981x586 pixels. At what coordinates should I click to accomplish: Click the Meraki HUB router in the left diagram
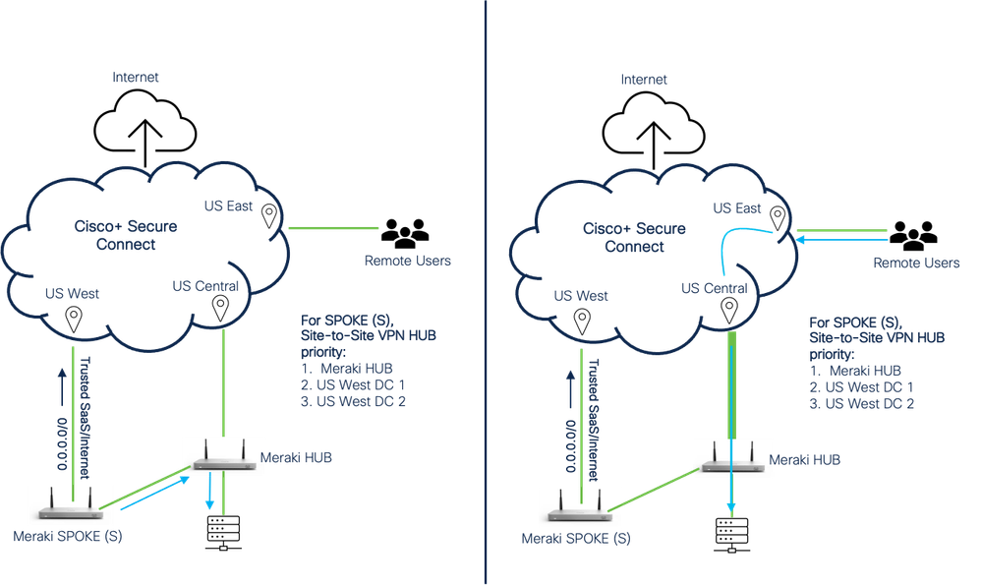(224, 459)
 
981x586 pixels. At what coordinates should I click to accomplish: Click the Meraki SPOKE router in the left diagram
(72, 504)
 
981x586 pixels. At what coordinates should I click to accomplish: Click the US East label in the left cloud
(227, 206)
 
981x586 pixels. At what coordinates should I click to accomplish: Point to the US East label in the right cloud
(737, 208)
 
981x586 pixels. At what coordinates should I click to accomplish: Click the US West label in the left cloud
(71, 293)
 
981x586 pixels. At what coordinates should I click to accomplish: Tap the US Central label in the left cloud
(205, 286)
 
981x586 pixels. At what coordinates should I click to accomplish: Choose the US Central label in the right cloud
(715, 288)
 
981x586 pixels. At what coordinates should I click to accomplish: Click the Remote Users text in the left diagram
(408, 262)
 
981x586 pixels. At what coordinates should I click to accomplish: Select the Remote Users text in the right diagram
(916, 264)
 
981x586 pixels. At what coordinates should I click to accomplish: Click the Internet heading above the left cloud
(135, 77)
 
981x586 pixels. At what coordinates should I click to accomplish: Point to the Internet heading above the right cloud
(644, 79)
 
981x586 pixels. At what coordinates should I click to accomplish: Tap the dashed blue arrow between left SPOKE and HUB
(147, 491)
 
